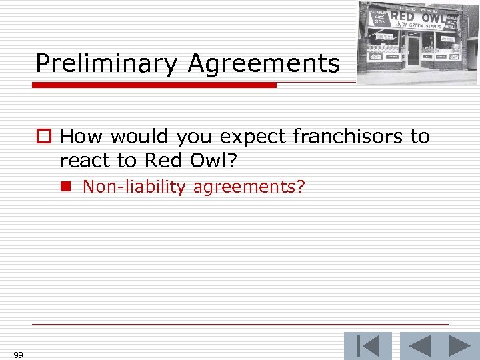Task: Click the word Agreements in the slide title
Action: (263, 64)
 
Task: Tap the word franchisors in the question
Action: (334, 137)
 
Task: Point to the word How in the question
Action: (81, 137)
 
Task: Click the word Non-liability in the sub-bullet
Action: (133, 187)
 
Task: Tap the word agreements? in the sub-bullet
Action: (249, 187)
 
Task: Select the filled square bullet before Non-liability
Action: (67, 187)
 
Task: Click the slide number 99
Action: (18, 355)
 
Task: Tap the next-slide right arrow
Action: (461, 346)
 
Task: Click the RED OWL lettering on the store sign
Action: (419, 17)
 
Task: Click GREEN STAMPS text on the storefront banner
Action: (425, 26)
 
